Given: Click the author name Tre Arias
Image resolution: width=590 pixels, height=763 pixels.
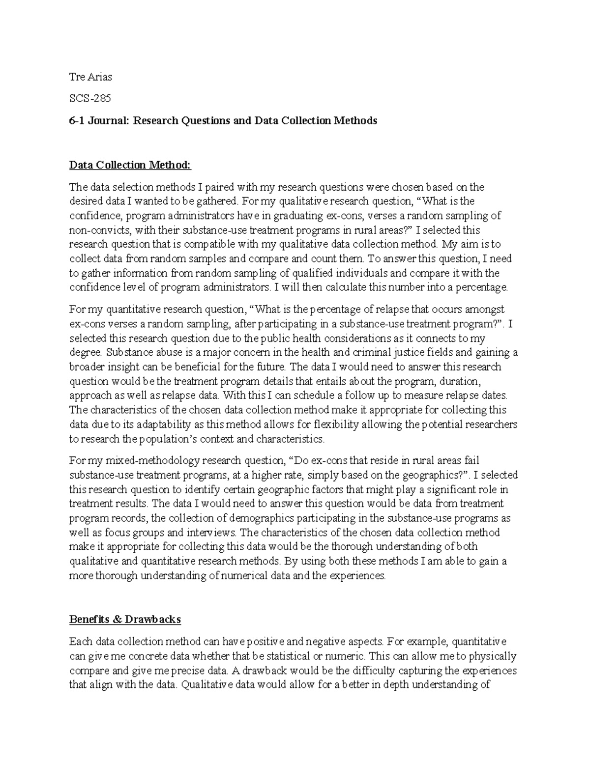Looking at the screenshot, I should (90, 77).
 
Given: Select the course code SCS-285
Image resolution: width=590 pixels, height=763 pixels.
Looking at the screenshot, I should (90, 98).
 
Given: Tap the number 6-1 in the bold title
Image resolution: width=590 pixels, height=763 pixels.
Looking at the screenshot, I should (77, 120).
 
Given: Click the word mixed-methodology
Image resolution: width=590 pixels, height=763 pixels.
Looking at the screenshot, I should (135, 461).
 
